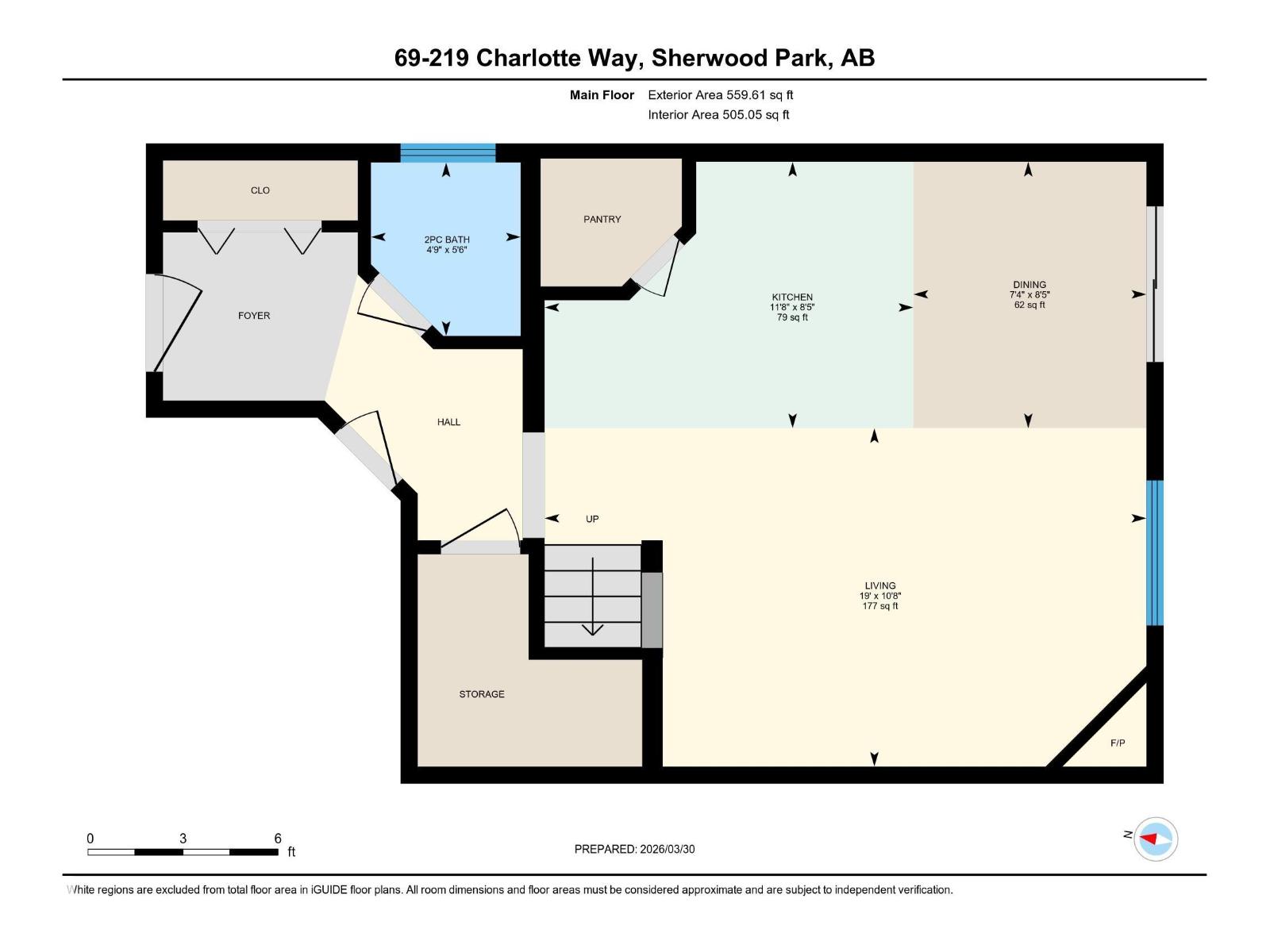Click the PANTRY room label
click(x=602, y=219)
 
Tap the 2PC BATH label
click(x=447, y=240)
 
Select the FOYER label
click(x=254, y=316)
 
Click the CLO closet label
click(x=260, y=190)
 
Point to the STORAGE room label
click(x=482, y=694)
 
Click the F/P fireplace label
click(x=1118, y=743)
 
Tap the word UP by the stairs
click(x=592, y=519)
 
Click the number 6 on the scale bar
click(x=278, y=839)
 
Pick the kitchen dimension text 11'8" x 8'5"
click(x=792, y=307)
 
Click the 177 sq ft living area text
click(x=880, y=606)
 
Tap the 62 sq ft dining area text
click(x=1029, y=305)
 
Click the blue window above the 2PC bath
click(x=448, y=152)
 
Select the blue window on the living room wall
click(x=1155, y=553)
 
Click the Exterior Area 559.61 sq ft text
click(x=720, y=95)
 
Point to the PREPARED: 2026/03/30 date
click(x=634, y=849)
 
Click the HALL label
click(x=448, y=422)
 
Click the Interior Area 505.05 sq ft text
click(x=718, y=115)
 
